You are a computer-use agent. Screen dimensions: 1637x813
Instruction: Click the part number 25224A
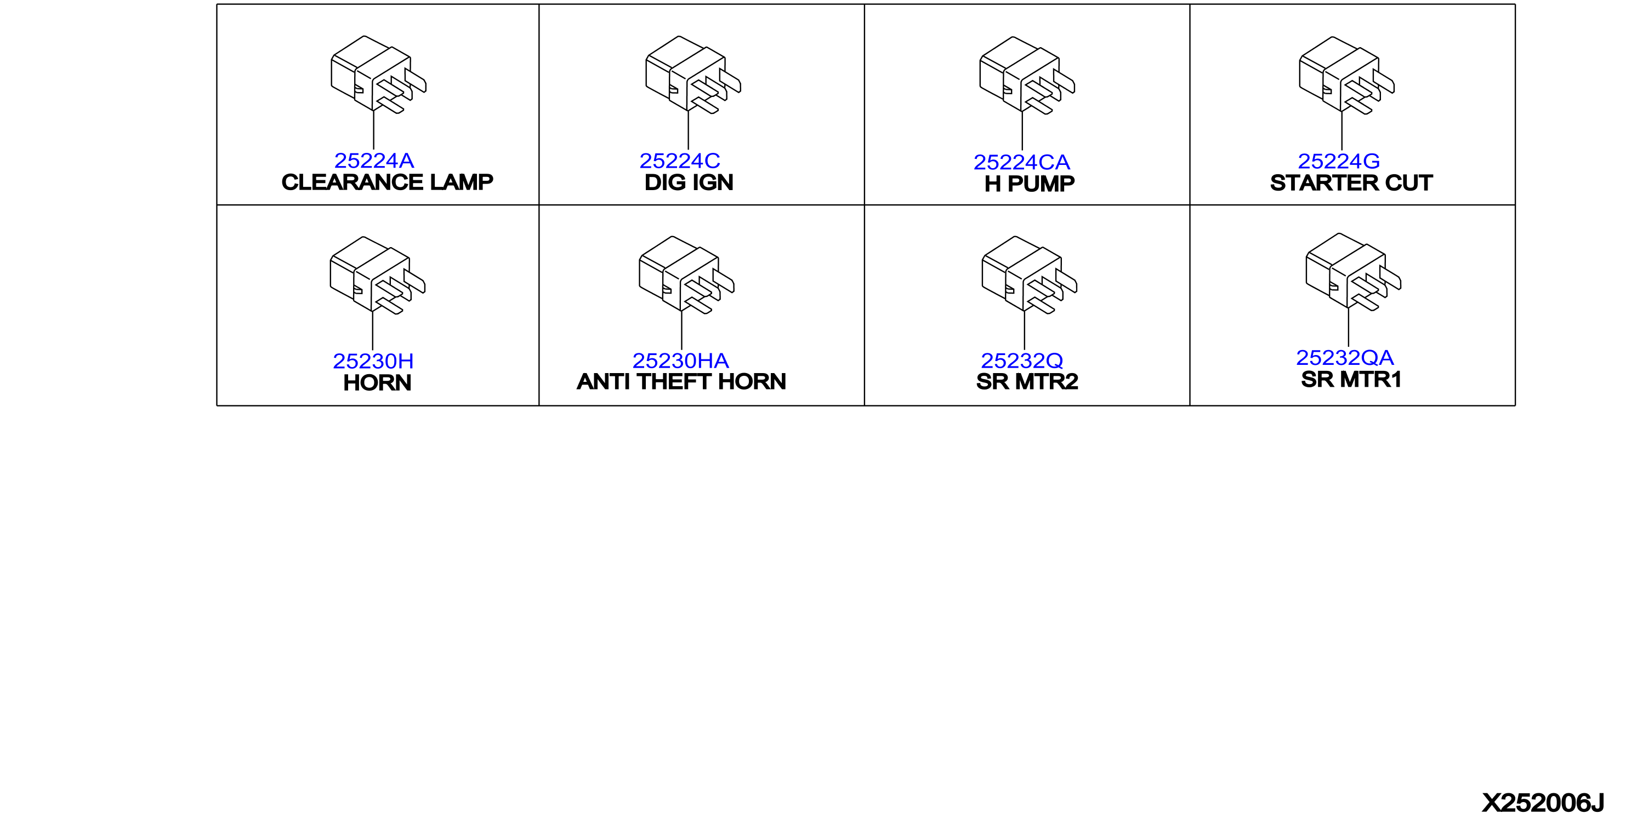pos(374,161)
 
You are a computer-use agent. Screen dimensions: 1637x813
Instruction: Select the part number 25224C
pos(679,161)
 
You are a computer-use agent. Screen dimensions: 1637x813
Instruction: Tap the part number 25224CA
pos(1021,163)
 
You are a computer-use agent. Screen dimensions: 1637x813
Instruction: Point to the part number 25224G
pos(1338,161)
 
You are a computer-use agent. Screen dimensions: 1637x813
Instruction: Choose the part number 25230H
pos(373,362)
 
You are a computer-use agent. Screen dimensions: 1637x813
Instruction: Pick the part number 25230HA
pos(680,361)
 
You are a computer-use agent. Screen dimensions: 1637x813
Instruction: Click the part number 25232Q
pos(1021,361)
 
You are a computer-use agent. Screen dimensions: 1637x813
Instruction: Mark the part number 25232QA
pos(1345,358)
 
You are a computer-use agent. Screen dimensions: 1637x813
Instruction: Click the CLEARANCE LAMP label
pos(387,182)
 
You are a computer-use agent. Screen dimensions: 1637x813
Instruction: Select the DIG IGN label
pos(689,183)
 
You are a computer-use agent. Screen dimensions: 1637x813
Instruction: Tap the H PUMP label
pos(1030,184)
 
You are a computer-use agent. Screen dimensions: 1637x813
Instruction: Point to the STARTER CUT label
pos(1351,183)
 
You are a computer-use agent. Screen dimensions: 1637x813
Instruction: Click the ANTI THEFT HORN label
pos(681,382)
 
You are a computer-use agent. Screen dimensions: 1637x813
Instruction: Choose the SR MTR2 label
pos(1027,382)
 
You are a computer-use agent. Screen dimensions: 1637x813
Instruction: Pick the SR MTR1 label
pos(1351,380)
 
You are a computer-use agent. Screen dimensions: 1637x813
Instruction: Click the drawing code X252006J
pos(1543,803)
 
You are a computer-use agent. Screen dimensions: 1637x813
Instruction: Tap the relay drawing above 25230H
pos(378,275)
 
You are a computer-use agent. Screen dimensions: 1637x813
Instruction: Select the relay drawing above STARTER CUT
pos(1346,75)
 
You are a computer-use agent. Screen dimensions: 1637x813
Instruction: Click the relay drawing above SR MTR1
pos(1353,272)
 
